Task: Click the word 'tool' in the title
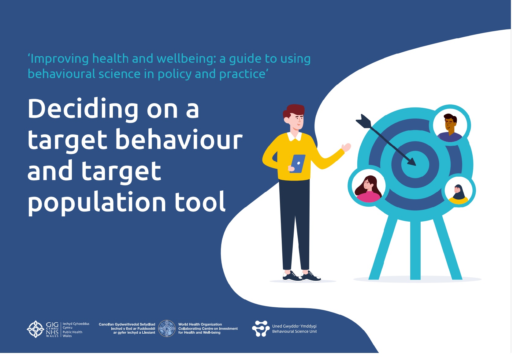(x=200, y=201)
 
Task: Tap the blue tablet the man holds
(x=298, y=163)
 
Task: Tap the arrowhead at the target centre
(x=411, y=162)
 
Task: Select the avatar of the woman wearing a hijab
(x=459, y=191)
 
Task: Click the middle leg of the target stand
(x=415, y=250)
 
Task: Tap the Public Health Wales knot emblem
(x=35, y=329)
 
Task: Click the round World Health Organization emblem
(x=167, y=328)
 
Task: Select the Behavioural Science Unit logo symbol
(x=261, y=328)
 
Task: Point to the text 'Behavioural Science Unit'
(x=294, y=331)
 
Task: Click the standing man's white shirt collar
(x=295, y=136)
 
